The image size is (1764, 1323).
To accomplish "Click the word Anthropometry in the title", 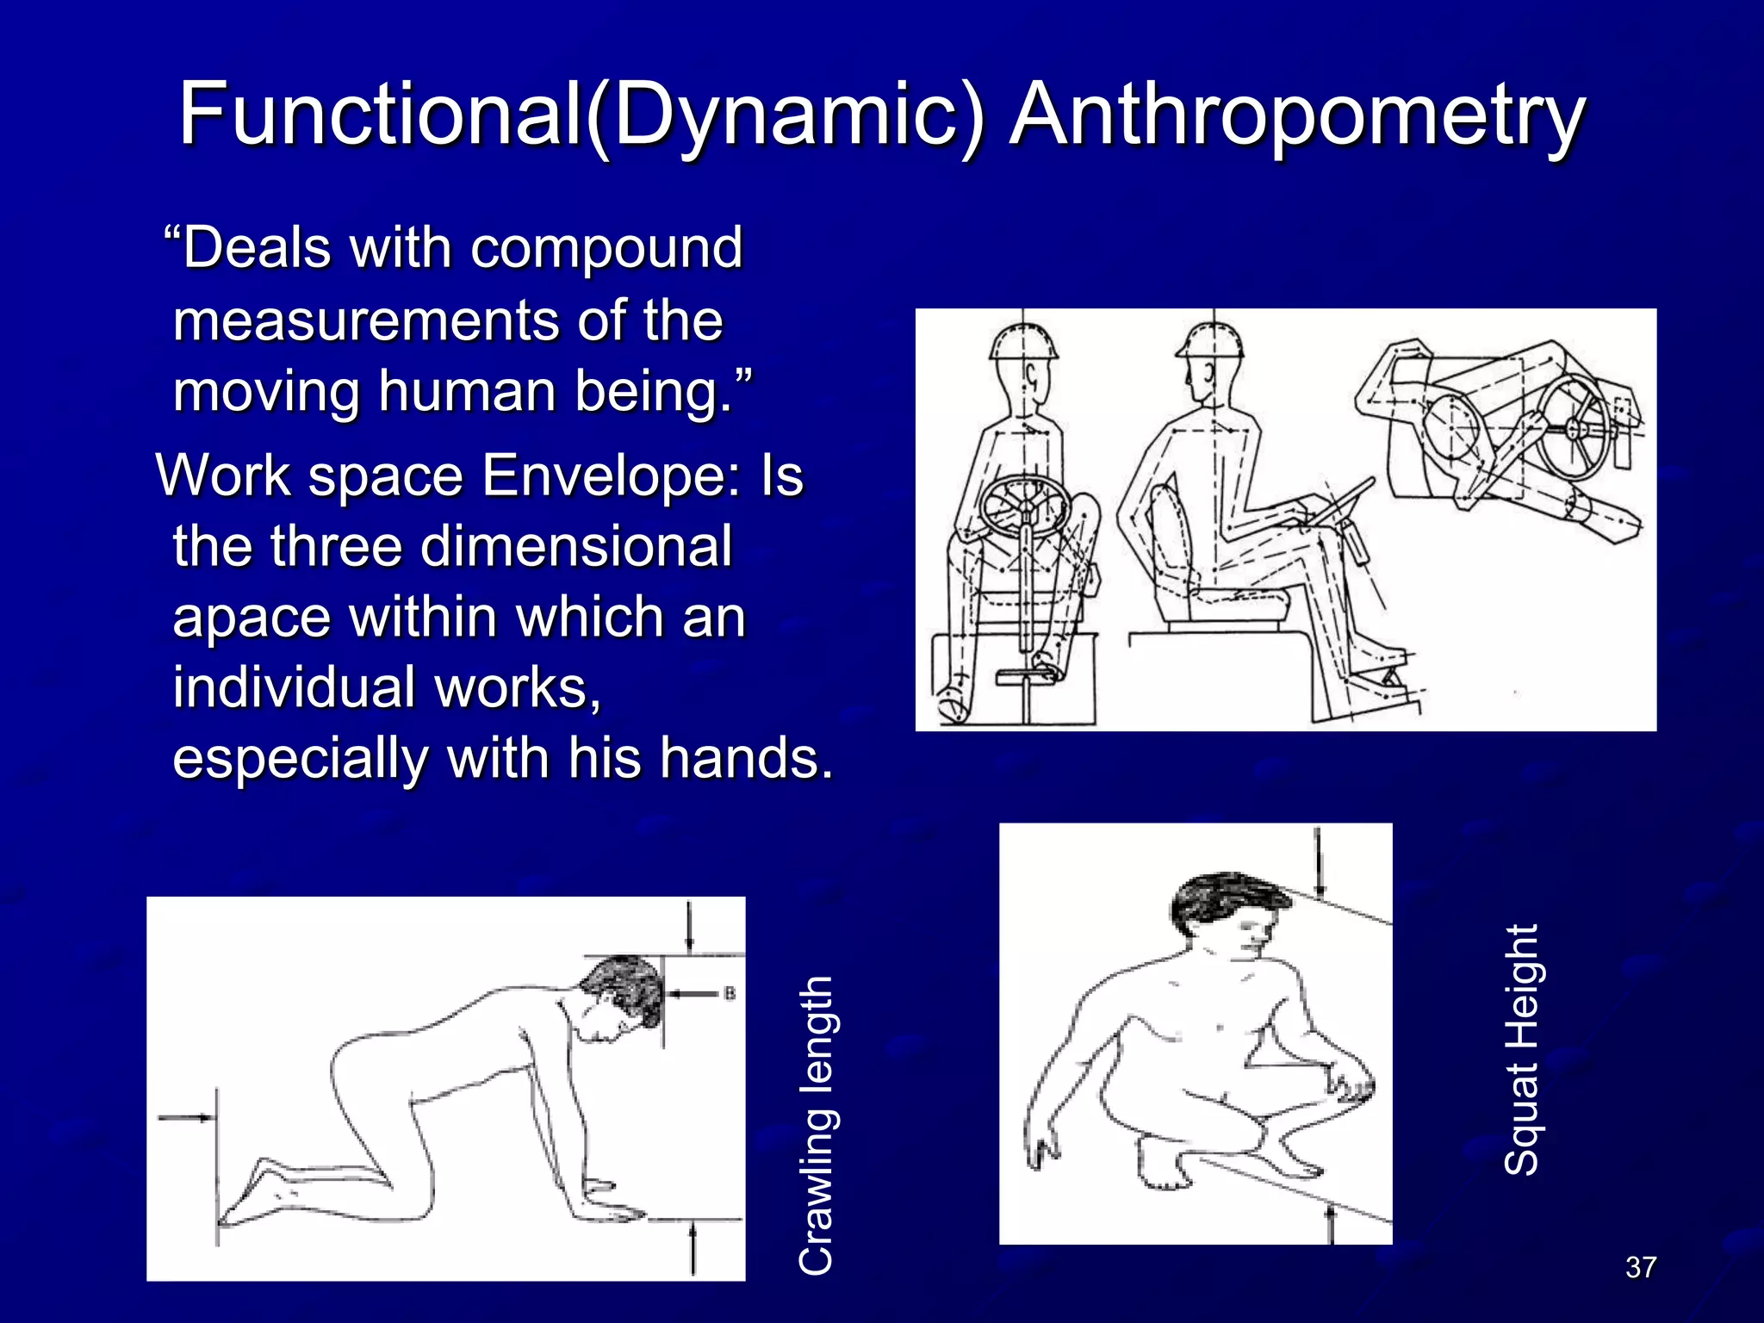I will (1296, 115).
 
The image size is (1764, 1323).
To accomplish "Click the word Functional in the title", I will (379, 115).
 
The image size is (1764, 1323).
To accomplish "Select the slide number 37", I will (1640, 1267).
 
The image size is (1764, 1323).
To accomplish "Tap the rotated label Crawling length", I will (816, 1125).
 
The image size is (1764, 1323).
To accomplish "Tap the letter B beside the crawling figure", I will (730, 994).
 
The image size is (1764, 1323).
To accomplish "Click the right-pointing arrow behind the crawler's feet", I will (185, 1118).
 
